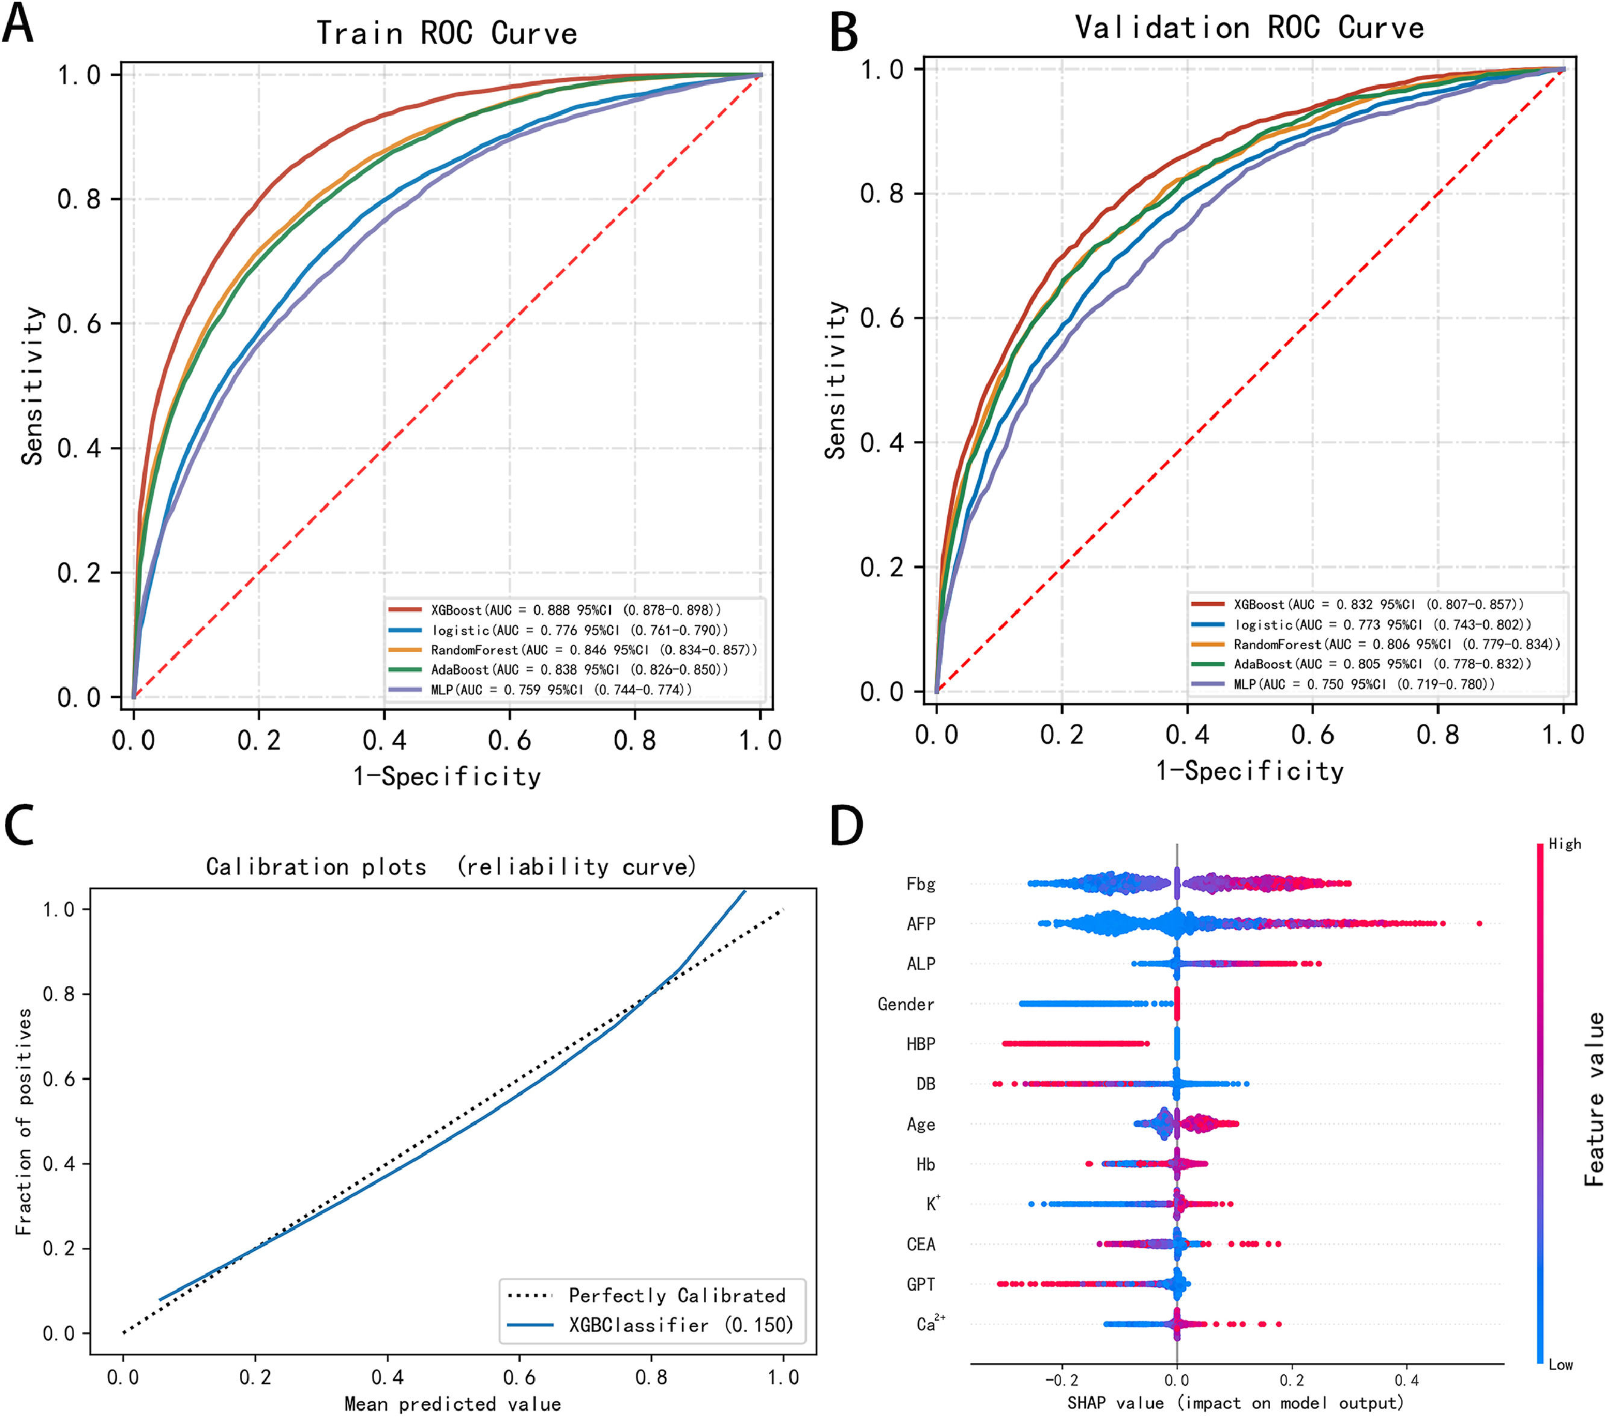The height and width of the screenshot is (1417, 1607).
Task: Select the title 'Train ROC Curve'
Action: pos(446,33)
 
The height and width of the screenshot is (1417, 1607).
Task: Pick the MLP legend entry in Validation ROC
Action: pos(1364,684)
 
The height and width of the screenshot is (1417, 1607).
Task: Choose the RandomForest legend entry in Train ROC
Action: pos(594,650)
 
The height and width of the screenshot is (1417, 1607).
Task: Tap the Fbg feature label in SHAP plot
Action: pos(921,884)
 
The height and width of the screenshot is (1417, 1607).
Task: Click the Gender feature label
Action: pos(906,1004)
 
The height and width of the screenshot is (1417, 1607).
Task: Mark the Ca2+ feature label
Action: pos(930,1324)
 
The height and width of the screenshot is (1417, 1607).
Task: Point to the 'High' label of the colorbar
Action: pos(1565,844)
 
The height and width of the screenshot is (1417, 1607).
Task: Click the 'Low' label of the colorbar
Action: pos(1561,1365)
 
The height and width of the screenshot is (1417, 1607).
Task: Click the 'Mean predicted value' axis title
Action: pos(453,1404)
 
